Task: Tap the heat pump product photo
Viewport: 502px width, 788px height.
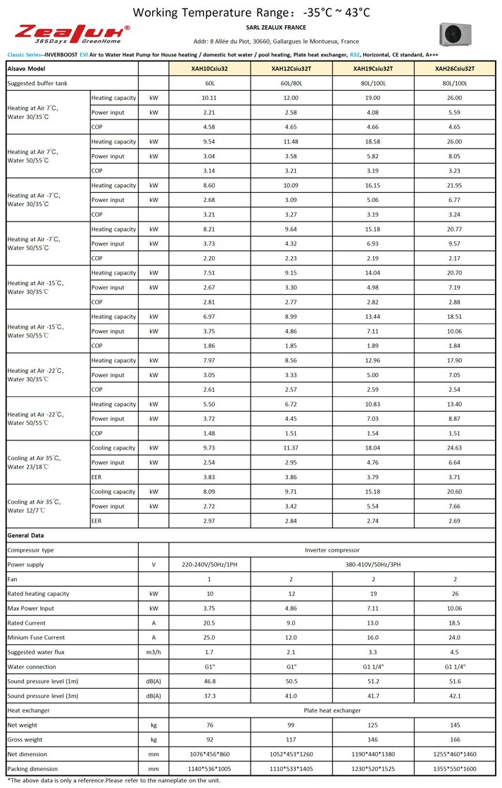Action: coord(454,33)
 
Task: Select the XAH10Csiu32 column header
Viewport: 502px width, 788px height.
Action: coord(209,69)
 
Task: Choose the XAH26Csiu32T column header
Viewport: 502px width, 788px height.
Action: coord(455,69)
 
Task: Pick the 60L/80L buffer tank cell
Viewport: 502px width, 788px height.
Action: coord(291,84)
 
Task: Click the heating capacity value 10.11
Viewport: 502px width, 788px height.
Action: coord(209,99)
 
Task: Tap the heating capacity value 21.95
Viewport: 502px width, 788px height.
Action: coord(455,186)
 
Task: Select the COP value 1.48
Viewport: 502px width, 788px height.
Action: coord(209,433)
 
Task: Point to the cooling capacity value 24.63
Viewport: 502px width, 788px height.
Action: coord(455,448)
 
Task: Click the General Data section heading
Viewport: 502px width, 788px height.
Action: coord(26,535)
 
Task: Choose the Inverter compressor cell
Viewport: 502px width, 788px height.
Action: coord(332,550)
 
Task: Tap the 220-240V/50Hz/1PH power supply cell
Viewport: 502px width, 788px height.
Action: coord(209,564)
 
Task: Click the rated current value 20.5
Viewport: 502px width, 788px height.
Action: coord(209,623)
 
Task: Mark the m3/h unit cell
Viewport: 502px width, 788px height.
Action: coord(153,652)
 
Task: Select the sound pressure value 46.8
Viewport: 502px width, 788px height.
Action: coord(209,681)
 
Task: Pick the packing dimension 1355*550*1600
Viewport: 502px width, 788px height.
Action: coord(455,768)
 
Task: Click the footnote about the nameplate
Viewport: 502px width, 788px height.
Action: coord(113,780)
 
